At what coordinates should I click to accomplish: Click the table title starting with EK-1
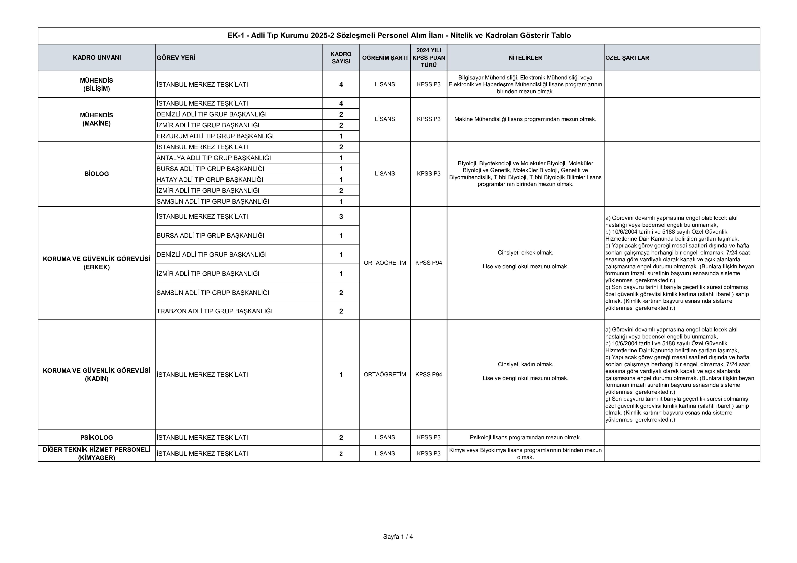pyautogui.click(x=399, y=35)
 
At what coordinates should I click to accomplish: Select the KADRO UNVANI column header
pyautogui.click(x=97, y=57)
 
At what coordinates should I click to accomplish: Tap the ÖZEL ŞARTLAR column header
pyautogui.click(x=627, y=57)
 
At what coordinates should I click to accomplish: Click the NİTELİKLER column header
pyautogui.click(x=525, y=57)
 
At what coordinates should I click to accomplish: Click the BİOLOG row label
pyautogui.click(x=97, y=174)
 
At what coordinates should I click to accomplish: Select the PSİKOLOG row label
pyautogui.click(x=97, y=437)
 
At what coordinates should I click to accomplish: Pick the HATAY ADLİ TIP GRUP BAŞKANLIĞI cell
pyautogui.click(x=210, y=180)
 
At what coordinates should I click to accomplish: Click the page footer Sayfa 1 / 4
pyautogui.click(x=398, y=537)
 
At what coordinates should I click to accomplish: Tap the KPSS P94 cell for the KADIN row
pyautogui.click(x=429, y=374)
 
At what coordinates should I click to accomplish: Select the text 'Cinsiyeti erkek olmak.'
pyautogui.click(x=525, y=253)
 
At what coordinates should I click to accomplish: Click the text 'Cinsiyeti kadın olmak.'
pyautogui.click(x=525, y=364)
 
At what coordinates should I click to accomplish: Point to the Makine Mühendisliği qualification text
pyautogui.click(x=525, y=119)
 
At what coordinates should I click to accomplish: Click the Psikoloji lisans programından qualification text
pyautogui.click(x=525, y=437)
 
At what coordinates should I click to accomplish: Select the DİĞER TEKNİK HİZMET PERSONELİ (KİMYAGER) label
pyautogui.click(x=97, y=453)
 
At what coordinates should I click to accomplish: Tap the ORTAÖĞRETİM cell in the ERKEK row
pyautogui.click(x=385, y=263)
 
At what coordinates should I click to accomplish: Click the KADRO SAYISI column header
pyautogui.click(x=341, y=57)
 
